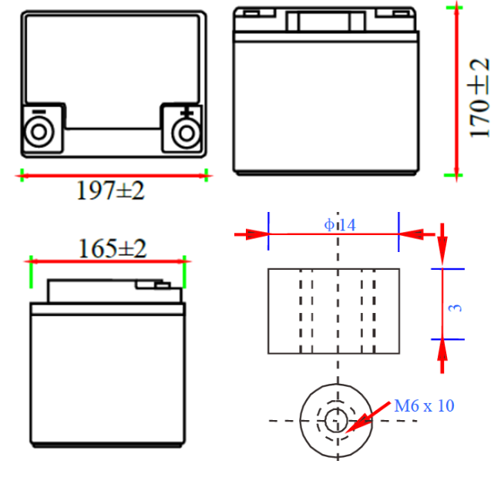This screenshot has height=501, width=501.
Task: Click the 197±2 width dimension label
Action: tap(110, 190)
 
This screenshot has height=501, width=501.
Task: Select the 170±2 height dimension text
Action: tap(479, 98)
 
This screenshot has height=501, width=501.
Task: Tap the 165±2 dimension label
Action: tap(113, 248)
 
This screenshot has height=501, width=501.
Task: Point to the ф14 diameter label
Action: tap(340, 225)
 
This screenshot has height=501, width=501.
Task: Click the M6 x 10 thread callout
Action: tap(425, 405)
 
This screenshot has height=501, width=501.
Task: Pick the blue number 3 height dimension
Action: tap(456, 308)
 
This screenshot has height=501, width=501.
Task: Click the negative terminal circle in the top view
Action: tap(39, 132)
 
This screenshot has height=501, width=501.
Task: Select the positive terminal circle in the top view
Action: tap(187, 133)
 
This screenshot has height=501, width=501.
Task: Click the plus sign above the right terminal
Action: tap(187, 112)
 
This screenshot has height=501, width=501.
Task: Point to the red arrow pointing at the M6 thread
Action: tap(368, 417)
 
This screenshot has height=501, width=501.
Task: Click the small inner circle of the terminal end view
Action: tap(336, 421)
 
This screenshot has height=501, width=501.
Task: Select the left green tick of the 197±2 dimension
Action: tap(22, 176)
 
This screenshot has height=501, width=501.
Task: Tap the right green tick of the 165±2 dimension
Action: tap(184, 271)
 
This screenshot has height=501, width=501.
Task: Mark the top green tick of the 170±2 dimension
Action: tap(454, 8)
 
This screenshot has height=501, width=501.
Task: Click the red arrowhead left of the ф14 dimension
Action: tap(257, 234)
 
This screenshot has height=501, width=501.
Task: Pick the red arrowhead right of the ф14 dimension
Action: tap(412, 234)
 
